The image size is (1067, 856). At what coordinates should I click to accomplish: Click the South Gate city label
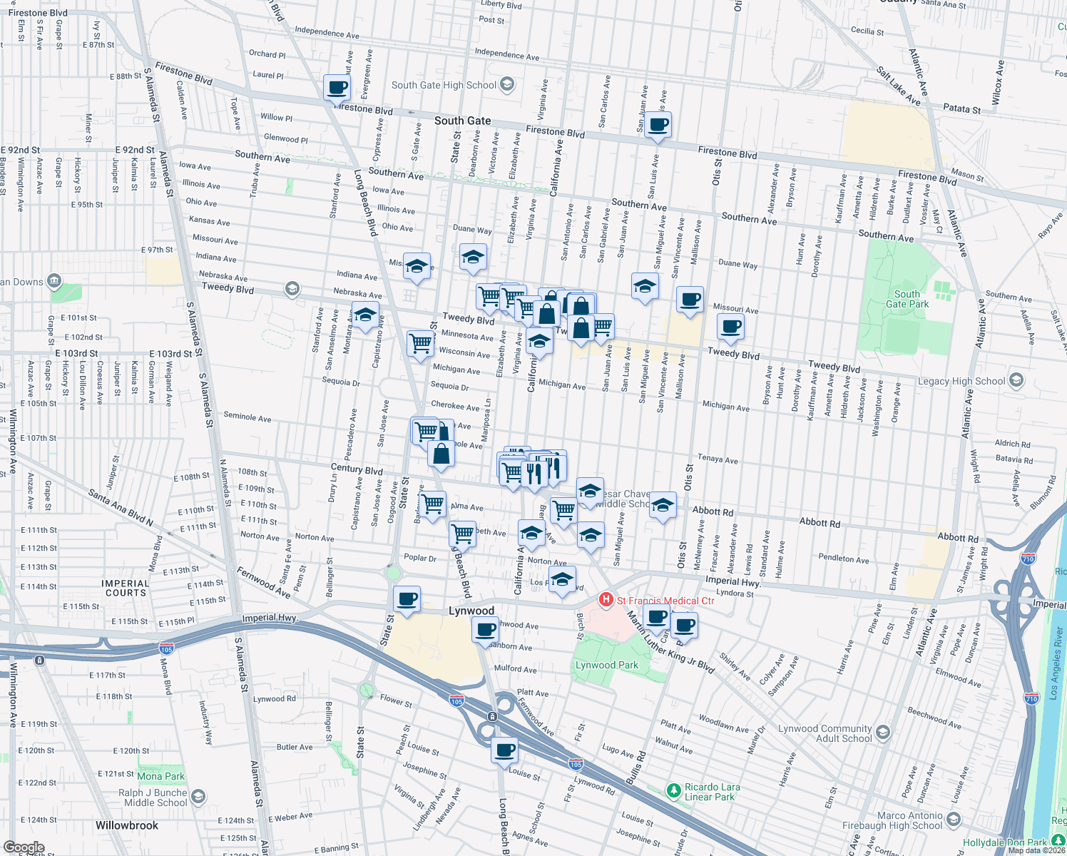462,121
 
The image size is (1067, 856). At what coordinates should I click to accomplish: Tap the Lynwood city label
471,611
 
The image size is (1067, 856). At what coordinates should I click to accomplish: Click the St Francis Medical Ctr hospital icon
606,600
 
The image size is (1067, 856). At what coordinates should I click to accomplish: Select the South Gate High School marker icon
507,85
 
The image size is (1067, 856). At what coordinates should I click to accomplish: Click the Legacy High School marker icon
1016,380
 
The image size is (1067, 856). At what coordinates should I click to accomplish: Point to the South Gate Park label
907,299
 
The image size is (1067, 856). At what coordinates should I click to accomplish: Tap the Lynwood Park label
607,665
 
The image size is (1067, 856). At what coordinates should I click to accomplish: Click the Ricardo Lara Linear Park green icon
673,790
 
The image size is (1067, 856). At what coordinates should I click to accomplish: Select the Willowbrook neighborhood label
127,825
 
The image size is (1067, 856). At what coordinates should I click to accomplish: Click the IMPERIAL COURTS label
126,588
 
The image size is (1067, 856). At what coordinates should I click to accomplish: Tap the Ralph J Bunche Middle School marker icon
198,796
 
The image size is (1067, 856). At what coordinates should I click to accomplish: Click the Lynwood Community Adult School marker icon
883,733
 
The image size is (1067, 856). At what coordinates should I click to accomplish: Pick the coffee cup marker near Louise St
504,751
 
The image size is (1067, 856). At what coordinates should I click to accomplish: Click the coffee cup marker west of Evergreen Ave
337,88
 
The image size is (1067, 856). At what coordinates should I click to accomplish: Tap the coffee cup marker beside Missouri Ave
690,300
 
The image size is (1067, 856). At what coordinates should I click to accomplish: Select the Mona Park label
160,776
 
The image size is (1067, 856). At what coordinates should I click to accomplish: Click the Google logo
24,847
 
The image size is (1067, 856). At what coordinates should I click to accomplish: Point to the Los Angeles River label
1055,663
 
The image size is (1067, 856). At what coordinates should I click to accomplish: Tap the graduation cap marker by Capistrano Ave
365,315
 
